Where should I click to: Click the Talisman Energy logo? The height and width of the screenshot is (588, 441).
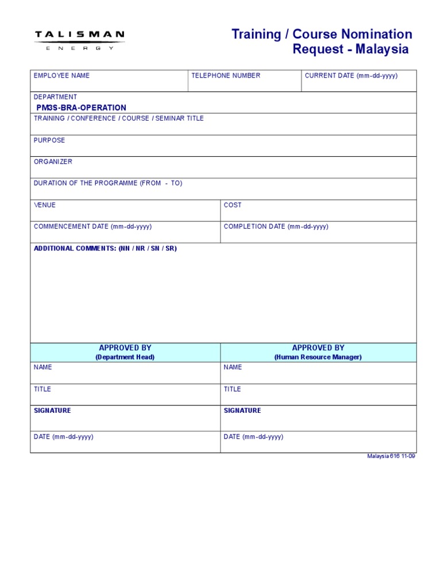click(x=79, y=40)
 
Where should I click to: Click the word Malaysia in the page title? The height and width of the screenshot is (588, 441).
click(x=382, y=49)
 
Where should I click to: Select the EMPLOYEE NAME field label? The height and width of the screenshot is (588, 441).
click(x=61, y=76)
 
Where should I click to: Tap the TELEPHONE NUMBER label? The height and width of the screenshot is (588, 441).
click(x=226, y=76)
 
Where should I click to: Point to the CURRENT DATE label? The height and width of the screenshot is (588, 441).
click(x=351, y=76)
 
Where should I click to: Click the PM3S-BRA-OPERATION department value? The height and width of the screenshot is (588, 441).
click(x=81, y=108)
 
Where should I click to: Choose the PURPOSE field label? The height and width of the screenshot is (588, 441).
click(x=49, y=140)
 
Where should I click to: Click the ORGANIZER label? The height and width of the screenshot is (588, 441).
click(x=53, y=162)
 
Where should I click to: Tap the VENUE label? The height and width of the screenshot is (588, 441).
click(x=45, y=205)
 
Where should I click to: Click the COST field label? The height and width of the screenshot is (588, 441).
click(x=233, y=205)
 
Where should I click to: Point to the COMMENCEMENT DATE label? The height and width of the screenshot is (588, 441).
click(x=92, y=227)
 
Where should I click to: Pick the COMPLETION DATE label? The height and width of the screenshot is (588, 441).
click(x=276, y=227)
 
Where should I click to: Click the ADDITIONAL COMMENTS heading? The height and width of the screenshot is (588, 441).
click(x=105, y=249)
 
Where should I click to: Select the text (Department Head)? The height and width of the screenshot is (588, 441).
click(x=125, y=357)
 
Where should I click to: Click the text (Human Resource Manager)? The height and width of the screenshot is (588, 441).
click(x=318, y=357)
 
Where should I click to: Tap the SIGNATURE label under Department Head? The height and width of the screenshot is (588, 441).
click(x=52, y=411)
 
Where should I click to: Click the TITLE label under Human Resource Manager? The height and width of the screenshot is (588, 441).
click(x=232, y=389)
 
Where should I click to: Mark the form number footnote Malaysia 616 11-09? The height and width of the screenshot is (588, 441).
click(x=391, y=457)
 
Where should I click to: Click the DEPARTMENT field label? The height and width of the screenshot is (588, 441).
click(x=55, y=97)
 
